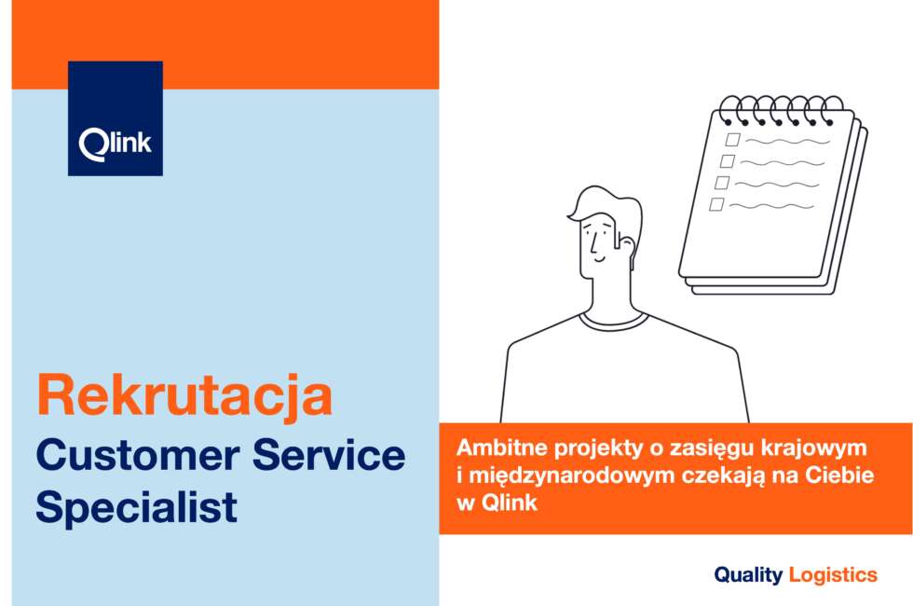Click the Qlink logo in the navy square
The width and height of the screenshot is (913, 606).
click(116, 144)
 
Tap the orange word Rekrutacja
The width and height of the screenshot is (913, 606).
click(184, 396)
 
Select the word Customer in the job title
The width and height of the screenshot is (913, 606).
click(138, 455)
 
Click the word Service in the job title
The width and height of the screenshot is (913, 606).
click(329, 455)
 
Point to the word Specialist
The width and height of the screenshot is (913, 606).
click(137, 508)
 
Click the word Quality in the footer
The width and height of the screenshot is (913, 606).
click(748, 576)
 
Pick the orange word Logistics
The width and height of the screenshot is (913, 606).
click(833, 575)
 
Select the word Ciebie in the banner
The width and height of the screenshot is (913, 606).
click(839, 475)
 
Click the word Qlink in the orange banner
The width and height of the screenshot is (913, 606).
click(511, 503)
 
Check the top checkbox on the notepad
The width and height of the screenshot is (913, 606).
click(732, 140)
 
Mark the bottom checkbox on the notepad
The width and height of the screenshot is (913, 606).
click(716, 204)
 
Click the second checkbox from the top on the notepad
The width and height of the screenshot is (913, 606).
click(728, 160)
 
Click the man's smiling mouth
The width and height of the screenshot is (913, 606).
click(600, 258)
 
